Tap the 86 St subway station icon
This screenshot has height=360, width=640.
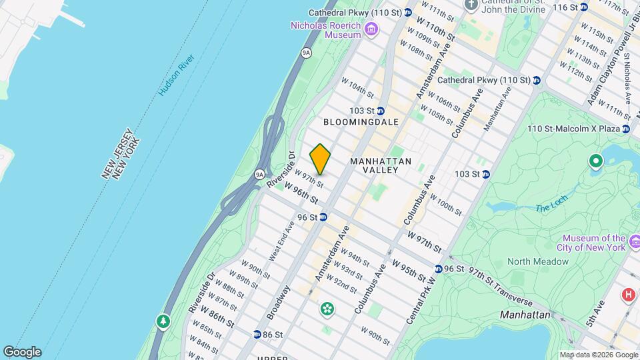[257, 334]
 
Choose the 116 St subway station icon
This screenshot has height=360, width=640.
[583, 7]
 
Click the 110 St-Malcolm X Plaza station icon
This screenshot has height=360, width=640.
[626, 128]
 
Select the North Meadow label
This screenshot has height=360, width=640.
[538, 261]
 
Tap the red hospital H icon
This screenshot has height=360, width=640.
[627, 294]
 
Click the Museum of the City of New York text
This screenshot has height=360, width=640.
[593, 243]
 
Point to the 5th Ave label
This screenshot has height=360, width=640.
[595, 313]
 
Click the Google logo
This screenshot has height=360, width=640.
[22, 351]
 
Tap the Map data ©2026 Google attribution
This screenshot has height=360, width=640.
[599, 355]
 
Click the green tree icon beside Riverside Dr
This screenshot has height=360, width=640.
[163, 322]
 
